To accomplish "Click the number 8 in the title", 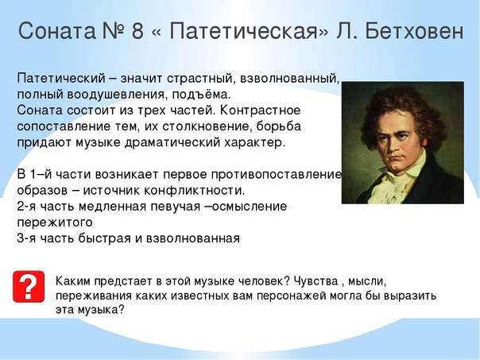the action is (x=137, y=31).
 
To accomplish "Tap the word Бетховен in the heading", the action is (x=414, y=31).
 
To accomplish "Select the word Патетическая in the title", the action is (x=242, y=31).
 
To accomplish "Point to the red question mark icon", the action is (x=29, y=287).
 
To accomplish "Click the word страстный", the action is (x=201, y=79).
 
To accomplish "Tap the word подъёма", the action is (x=201, y=95).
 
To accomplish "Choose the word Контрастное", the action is (x=260, y=110).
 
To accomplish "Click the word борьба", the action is (x=279, y=126).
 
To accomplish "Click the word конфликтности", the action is (x=195, y=191).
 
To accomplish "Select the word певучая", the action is (x=176, y=207).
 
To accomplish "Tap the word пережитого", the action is (x=55, y=223).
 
